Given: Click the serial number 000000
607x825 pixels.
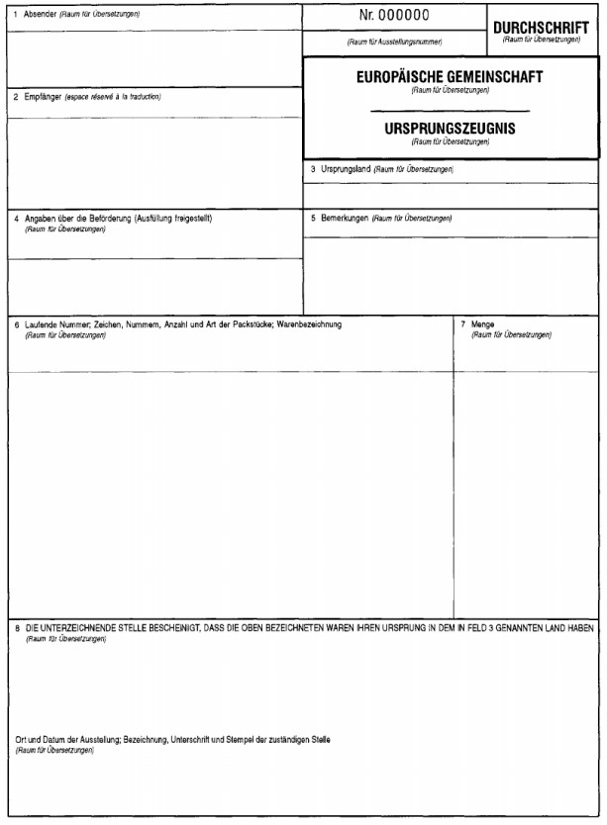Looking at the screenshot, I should point(404,16).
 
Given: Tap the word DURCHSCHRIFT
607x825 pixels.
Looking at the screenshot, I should point(541,28).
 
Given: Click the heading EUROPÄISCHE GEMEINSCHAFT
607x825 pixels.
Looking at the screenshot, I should point(450,76).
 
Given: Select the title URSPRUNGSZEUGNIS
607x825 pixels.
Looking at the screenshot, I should point(450,129).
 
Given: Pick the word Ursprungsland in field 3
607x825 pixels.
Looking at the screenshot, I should point(346,169).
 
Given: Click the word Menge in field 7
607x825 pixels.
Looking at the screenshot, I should point(483,324).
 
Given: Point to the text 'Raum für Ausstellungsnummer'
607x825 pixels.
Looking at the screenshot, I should point(394,43).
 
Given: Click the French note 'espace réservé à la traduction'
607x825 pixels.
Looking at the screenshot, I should point(112,97).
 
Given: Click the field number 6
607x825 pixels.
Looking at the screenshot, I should point(16,324).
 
